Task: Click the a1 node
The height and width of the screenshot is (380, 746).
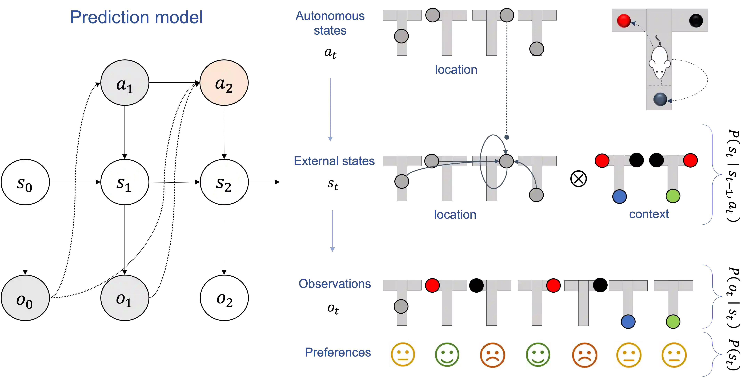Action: [x=125, y=83]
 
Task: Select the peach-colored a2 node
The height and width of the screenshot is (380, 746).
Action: [x=224, y=83]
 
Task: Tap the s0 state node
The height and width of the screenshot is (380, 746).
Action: [x=25, y=182]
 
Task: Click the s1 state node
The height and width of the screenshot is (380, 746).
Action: [x=125, y=182]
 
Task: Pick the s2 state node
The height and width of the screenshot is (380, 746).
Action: [x=224, y=182]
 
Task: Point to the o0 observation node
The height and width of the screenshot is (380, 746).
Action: [x=25, y=298]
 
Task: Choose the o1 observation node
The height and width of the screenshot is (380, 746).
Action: [x=125, y=298]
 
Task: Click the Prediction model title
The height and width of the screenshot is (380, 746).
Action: [x=137, y=17]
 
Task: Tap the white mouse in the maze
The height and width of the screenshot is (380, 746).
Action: [x=659, y=61]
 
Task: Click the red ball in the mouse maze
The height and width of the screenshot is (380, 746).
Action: [x=624, y=21]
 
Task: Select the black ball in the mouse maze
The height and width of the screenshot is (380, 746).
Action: [x=696, y=21]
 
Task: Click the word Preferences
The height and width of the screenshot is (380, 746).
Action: [x=338, y=352]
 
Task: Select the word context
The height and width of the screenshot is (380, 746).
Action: [x=649, y=214]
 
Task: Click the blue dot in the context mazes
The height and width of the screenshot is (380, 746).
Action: [x=619, y=196]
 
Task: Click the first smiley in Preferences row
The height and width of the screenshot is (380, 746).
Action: [x=403, y=354]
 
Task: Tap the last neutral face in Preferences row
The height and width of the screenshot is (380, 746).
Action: [x=674, y=354]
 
